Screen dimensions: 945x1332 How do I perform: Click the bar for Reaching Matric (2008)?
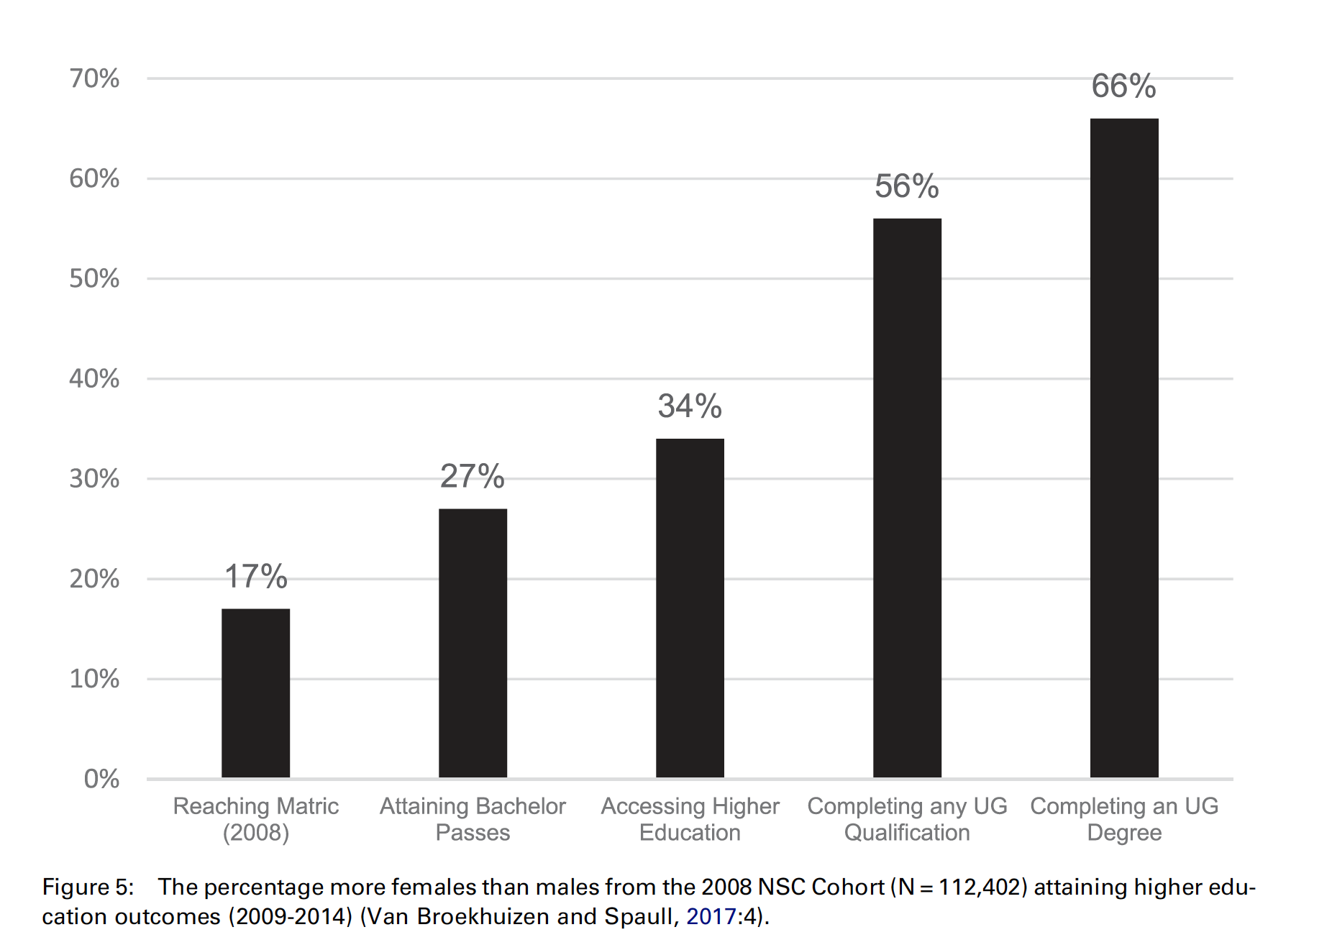coord(255,693)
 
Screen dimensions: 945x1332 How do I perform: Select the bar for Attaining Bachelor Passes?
coord(473,643)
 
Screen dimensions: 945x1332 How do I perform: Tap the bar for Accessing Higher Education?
coord(690,608)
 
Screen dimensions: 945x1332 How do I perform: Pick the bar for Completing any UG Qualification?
coord(907,498)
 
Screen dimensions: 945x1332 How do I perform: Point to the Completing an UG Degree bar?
coord(1124,447)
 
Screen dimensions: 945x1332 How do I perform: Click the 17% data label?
coord(255,577)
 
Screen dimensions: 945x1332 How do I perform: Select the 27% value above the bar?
coord(473,477)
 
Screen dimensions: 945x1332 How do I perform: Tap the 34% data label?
coord(690,406)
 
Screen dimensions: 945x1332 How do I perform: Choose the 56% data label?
coord(907,186)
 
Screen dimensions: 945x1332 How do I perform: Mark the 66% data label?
coord(1124,86)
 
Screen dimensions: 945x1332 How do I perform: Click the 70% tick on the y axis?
coord(94,78)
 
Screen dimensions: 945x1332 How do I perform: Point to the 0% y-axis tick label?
coord(101,779)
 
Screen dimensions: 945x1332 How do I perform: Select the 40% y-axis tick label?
coord(94,378)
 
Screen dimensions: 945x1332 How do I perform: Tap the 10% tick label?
coord(94,679)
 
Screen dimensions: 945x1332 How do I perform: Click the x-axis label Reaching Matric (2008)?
coord(255,819)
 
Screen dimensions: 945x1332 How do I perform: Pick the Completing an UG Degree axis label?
coord(1124,819)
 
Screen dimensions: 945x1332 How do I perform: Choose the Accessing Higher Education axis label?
coord(690,819)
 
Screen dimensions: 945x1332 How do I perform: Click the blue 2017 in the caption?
coord(711,917)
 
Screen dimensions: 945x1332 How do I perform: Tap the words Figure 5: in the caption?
coord(88,887)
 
